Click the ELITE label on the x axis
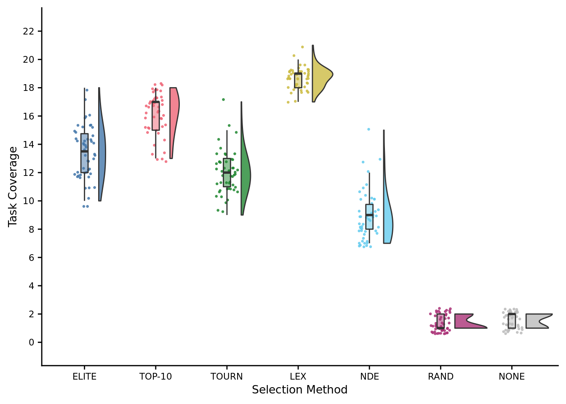[84, 377]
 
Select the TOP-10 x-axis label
[155, 377]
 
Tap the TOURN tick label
[227, 377]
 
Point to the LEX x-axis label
[298, 377]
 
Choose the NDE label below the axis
[369, 377]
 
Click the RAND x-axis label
[441, 377]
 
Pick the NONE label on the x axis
[512, 377]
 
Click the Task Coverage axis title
[13, 186]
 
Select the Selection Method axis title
[299, 390]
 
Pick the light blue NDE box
[369, 217]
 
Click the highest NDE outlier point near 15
[368, 129]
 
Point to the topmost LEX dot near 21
[302, 47]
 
